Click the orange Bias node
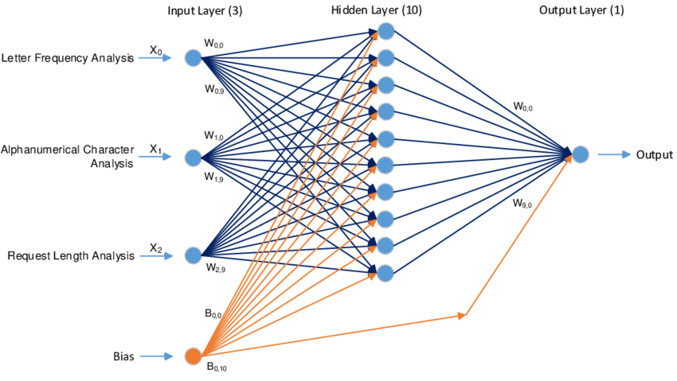(x=193, y=356)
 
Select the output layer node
(x=580, y=154)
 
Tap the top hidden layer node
(x=386, y=31)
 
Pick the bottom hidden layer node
(x=386, y=273)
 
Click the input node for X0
(x=193, y=58)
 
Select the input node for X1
(x=193, y=157)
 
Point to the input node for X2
(x=193, y=255)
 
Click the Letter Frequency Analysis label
(x=68, y=58)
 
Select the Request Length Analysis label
(x=71, y=256)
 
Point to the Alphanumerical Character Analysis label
(x=68, y=157)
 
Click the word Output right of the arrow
(x=654, y=154)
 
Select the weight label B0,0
(x=217, y=314)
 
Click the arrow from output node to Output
(x=612, y=154)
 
